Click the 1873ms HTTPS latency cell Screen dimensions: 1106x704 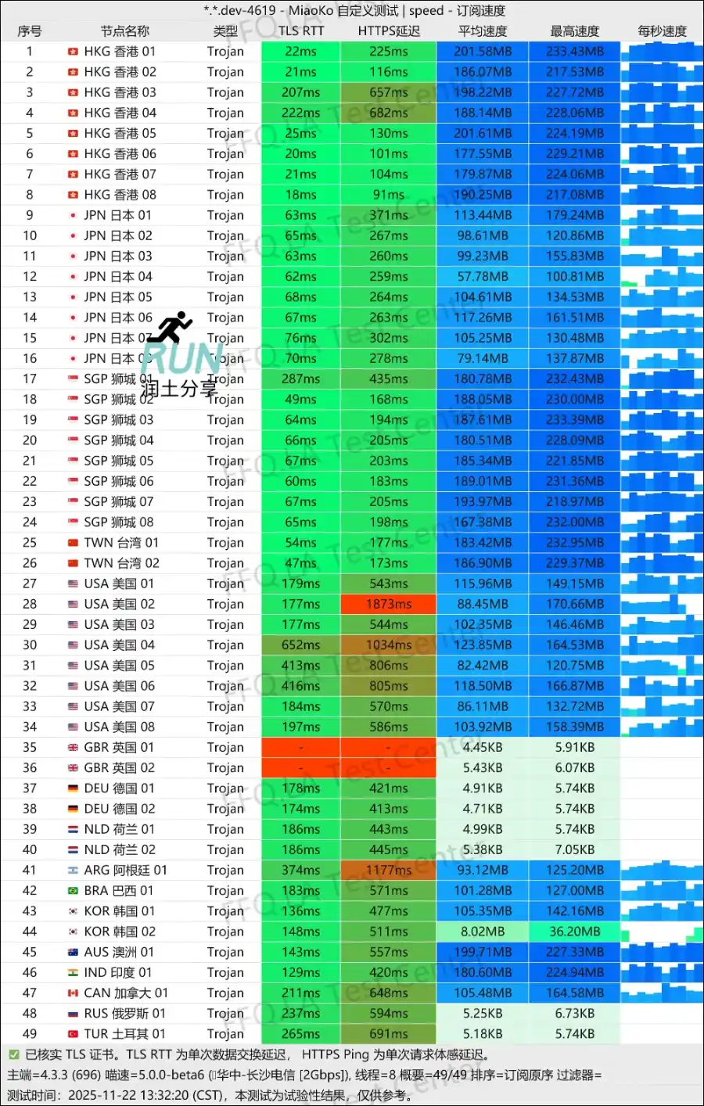coord(389,604)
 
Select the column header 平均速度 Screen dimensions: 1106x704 coord(483,31)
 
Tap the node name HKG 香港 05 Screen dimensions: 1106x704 coord(120,133)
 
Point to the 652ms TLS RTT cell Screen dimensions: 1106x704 coord(301,645)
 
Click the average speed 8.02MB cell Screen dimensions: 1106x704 coord(483,932)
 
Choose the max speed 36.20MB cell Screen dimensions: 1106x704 coord(575,932)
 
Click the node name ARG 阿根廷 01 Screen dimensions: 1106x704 coord(125,870)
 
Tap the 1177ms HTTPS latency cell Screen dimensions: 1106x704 coord(389,870)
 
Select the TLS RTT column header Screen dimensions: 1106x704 coord(301,31)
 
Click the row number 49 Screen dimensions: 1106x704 coord(30,1034)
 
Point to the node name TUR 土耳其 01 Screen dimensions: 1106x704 coord(124,1034)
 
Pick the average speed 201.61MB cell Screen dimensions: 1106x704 coord(483,133)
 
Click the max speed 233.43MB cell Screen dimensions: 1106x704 coord(575,52)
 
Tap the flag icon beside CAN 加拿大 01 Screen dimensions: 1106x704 coord(73,993)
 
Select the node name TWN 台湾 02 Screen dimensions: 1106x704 coord(121,563)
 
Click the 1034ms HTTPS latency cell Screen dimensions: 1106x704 coord(389,645)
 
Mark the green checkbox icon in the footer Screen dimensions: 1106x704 coord(13,1054)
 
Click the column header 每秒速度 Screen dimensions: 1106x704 coord(662,31)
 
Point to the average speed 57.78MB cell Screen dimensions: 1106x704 coord(483,276)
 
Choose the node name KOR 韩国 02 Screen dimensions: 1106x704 coord(120,932)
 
